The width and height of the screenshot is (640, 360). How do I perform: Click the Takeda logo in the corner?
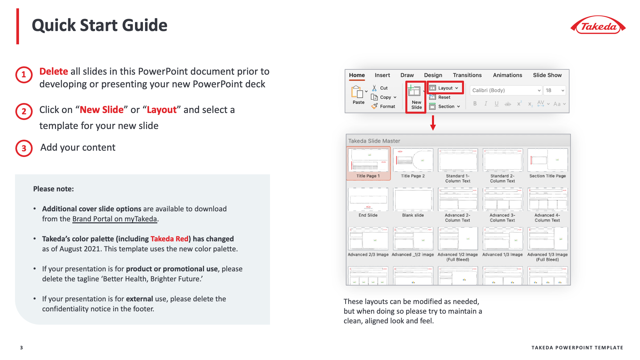(x=598, y=25)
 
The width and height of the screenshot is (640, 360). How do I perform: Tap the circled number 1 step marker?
(x=24, y=75)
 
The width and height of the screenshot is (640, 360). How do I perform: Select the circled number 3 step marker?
(x=24, y=148)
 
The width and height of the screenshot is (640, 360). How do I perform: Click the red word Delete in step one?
(x=54, y=71)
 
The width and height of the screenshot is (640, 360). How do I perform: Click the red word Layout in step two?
(x=162, y=110)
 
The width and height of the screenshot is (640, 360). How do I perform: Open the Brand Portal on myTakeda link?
(x=114, y=219)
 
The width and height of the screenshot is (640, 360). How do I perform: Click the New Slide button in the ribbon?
(x=416, y=97)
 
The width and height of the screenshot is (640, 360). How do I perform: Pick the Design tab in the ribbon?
(x=433, y=75)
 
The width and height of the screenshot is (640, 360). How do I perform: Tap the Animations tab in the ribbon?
(x=507, y=75)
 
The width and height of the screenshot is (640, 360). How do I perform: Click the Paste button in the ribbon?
(x=358, y=95)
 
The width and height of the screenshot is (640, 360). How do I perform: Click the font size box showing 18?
(x=554, y=90)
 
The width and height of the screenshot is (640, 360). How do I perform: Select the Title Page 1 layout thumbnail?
(x=368, y=163)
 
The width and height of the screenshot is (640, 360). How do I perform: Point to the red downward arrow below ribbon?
(x=433, y=123)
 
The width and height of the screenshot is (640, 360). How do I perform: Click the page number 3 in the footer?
(x=22, y=348)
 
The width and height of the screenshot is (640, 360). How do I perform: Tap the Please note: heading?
(x=53, y=189)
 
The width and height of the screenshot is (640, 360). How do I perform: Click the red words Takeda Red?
(x=169, y=239)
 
